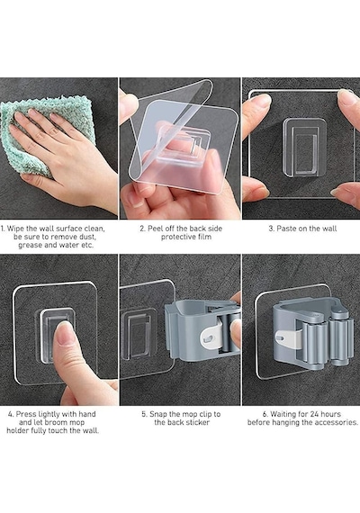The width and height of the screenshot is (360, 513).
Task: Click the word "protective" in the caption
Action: coord(176,237)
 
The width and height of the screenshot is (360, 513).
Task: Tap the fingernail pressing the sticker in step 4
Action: coord(65,333)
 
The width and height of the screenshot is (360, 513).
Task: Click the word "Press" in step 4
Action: coord(26,414)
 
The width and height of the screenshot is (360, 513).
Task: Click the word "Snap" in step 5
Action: coord(158,414)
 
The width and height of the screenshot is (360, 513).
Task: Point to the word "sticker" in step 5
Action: coord(196,422)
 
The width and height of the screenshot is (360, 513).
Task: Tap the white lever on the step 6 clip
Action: coord(289,341)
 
